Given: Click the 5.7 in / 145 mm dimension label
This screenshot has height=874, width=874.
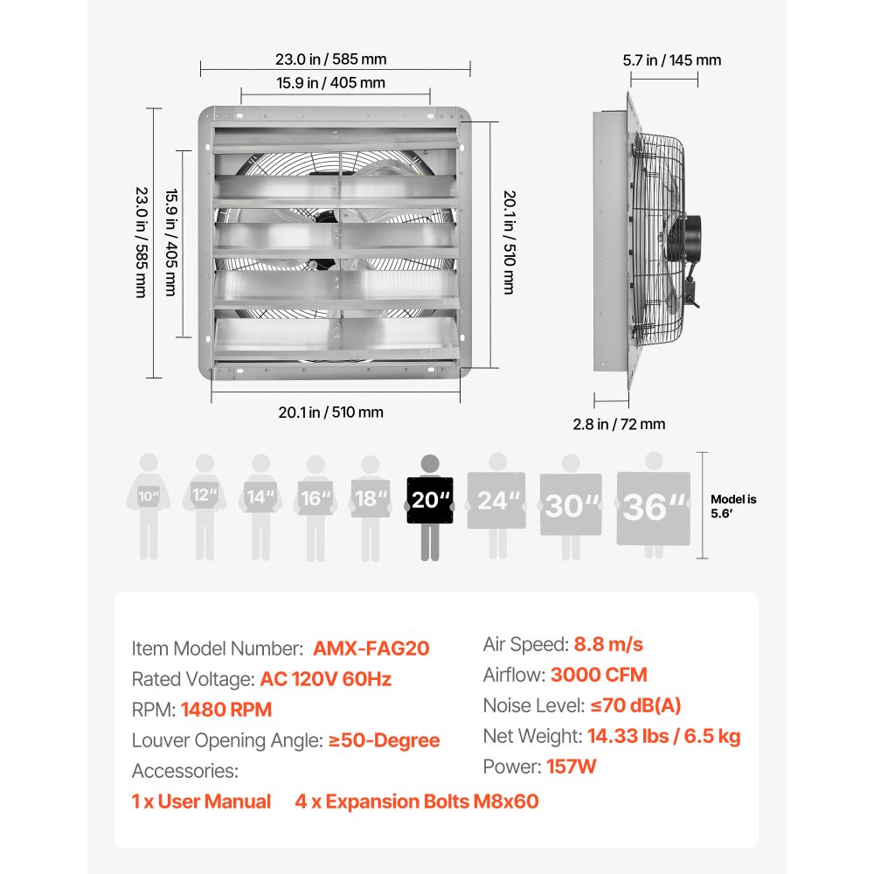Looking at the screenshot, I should click(x=671, y=60).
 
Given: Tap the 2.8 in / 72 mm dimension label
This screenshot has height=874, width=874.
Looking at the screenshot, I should click(x=619, y=424).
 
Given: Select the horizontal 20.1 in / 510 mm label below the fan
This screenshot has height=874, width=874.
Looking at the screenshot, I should click(x=330, y=413).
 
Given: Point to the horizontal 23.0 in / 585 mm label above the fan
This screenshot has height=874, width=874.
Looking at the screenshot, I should click(x=330, y=60).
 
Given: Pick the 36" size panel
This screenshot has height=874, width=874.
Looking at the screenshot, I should click(x=653, y=508).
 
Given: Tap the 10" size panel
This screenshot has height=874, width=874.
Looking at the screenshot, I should click(x=149, y=498).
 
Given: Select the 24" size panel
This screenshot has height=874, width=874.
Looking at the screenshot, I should click(x=496, y=502).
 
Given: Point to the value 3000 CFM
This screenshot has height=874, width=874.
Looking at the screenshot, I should click(x=599, y=675).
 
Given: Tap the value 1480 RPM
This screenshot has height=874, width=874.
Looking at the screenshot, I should click(x=226, y=710).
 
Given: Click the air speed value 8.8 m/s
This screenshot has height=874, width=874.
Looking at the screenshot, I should click(x=608, y=644).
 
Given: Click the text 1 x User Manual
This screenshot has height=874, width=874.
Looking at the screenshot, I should click(x=201, y=801).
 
